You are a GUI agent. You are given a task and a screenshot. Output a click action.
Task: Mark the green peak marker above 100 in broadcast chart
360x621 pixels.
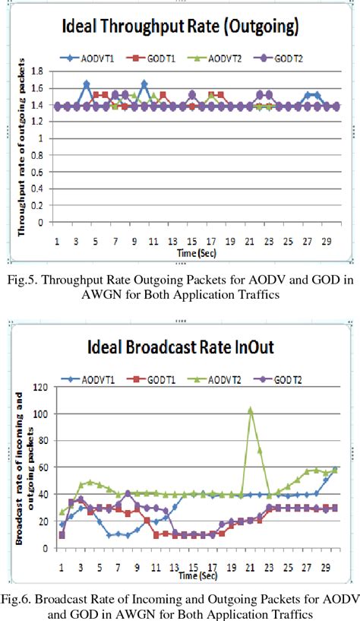(x=251, y=410)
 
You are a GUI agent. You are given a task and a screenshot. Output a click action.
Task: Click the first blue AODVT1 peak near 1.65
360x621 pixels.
(x=87, y=84)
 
